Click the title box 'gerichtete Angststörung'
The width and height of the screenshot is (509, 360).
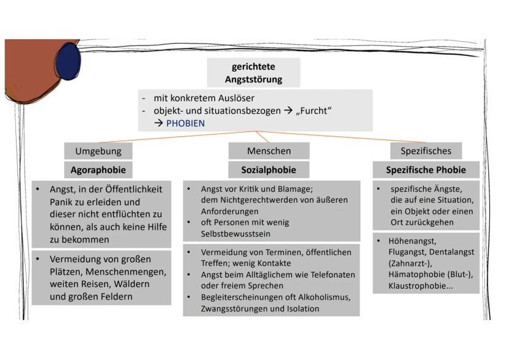tap(253, 72)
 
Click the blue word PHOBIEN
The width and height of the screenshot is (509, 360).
tap(185, 123)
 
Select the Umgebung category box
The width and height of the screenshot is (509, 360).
tap(98, 151)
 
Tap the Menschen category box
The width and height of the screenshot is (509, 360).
tap(269, 151)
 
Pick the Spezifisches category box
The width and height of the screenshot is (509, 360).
tap(425, 151)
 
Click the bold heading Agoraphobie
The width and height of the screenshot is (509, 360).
tap(98, 170)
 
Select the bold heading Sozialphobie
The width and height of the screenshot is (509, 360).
tap(269, 170)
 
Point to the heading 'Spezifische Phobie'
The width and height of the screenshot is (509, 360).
tap(425, 170)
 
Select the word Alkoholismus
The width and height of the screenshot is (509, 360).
tap(320, 297)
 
